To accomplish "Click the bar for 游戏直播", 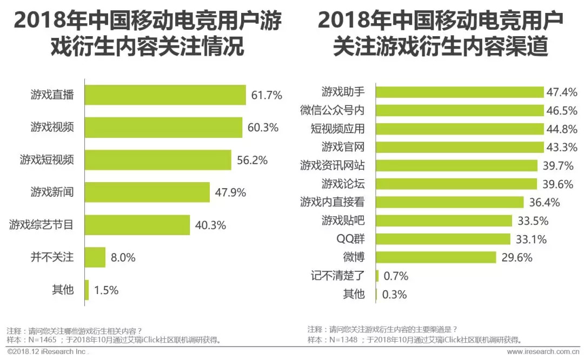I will click(x=165, y=96).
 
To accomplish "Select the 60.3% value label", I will click(x=263, y=128).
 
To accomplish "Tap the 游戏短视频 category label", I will click(x=47, y=160).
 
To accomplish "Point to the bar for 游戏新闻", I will click(x=147, y=192).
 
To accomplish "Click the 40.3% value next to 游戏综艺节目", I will click(x=210, y=225).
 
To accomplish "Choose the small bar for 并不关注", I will click(x=95, y=257).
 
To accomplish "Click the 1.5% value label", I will click(x=106, y=290).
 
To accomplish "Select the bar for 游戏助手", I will click(x=459, y=92).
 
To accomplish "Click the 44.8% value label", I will click(x=562, y=129).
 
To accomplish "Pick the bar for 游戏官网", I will click(x=459, y=147).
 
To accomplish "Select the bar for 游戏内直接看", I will click(x=449, y=202).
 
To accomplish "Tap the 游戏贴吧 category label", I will click(x=343, y=221).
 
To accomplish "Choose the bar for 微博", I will click(x=435, y=257).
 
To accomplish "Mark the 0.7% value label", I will click(x=395, y=276).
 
